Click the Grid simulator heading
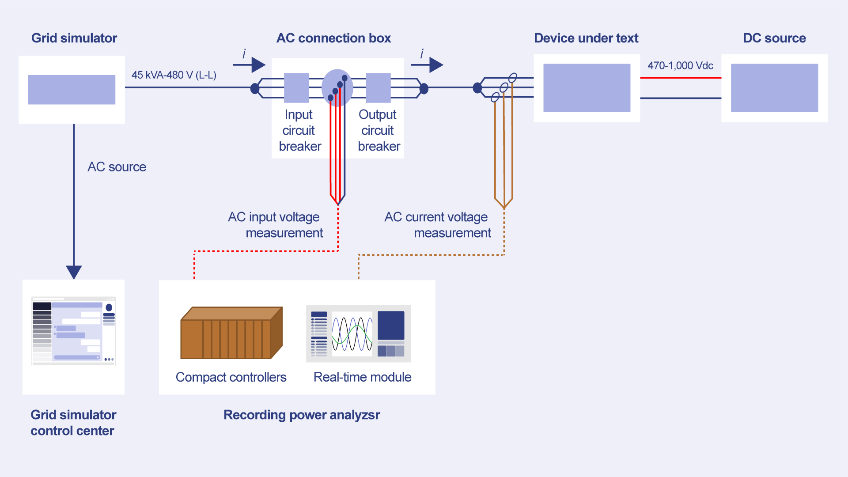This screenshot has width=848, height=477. pos(74,38)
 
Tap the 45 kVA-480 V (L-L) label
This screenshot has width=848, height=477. pos(174,75)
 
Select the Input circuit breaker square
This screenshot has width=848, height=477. pos(296,88)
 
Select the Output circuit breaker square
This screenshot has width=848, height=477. pos(378,88)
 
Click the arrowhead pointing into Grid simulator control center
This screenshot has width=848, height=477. pos(74,272)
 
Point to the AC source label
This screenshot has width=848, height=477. pos(117,167)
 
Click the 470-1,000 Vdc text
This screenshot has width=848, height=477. pos(680,66)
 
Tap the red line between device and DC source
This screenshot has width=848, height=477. pos(680,78)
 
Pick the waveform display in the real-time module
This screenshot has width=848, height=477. pos(352,333)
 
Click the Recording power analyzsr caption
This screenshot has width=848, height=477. pos(302,415)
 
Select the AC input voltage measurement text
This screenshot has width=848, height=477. pos(276,225)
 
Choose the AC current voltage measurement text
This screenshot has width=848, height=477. pos(437,225)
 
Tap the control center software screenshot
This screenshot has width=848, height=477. pos(73,331)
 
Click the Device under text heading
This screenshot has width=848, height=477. pos(586,38)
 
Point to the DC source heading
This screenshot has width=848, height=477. pos(774,38)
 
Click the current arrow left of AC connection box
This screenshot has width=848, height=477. pos(250,65)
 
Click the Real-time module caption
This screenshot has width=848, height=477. pos(362,377)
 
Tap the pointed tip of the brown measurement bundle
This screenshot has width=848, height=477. pos(504,207)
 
